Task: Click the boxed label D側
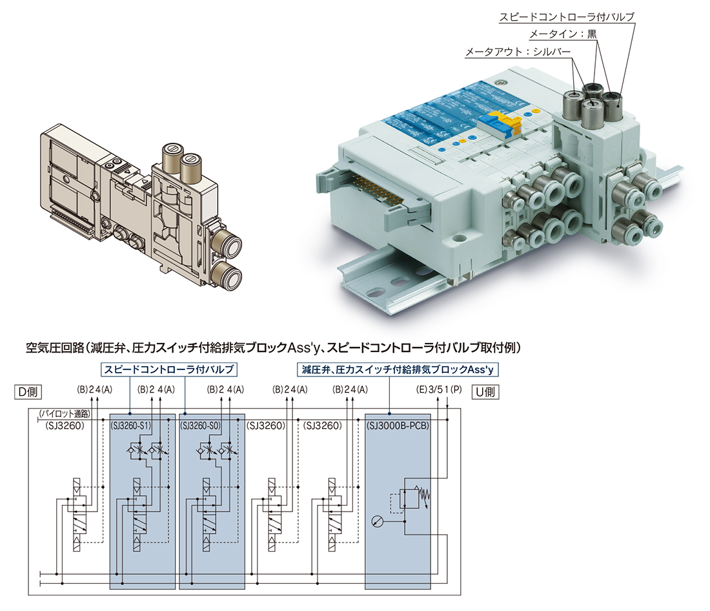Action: [x=28, y=391]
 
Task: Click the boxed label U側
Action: [x=485, y=391]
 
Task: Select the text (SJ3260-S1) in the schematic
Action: [x=131, y=426]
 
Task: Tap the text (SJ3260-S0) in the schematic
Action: [x=201, y=426]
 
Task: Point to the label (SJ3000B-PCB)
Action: [x=398, y=426]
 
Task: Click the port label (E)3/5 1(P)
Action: [x=439, y=389]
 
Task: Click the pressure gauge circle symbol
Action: [x=377, y=522]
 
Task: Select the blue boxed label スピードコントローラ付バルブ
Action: [x=169, y=369]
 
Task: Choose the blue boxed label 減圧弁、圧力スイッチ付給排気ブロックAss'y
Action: [x=397, y=369]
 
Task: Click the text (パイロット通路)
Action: [x=65, y=413]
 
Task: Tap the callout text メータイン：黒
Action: [x=563, y=34]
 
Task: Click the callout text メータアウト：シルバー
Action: [x=518, y=52]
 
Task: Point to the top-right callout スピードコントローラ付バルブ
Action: [x=567, y=17]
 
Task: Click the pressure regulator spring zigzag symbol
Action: [x=424, y=496]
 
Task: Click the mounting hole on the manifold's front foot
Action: [x=460, y=237]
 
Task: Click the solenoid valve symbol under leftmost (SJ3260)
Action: [x=77, y=515]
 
